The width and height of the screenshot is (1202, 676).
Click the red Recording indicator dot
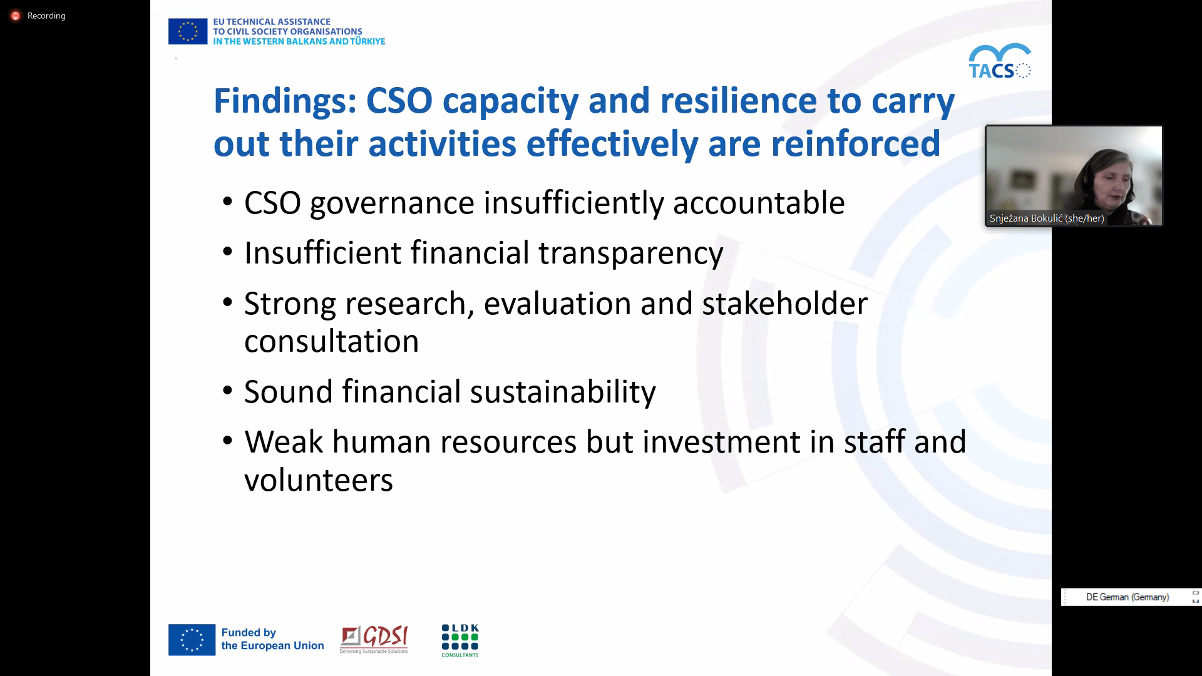[x=16, y=16]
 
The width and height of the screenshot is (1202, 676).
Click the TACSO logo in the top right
[x=1000, y=61]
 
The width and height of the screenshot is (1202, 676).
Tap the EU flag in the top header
[x=188, y=31]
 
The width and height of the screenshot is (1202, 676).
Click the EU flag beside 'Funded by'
[x=192, y=640]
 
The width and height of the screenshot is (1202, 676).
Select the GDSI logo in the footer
[x=374, y=640]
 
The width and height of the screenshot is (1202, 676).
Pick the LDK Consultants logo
[x=460, y=640]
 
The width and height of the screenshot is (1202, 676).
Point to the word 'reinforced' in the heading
[x=855, y=143]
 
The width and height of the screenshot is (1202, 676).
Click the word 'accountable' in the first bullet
[x=759, y=203]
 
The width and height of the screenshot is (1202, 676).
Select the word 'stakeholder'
[x=785, y=304]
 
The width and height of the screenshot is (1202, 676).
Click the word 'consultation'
[x=332, y=342]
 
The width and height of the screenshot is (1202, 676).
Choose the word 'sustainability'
[x=563, y=392]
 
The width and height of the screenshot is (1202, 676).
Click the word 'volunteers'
[x=319, y=480]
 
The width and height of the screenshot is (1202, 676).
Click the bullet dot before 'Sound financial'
[x=228, y=392]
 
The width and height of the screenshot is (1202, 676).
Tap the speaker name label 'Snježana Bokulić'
[x=1026, y=218]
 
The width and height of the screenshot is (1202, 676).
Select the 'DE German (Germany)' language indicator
[x=1128, y=597]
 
